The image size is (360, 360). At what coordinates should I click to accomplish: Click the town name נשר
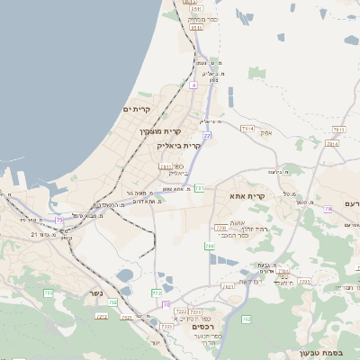95,292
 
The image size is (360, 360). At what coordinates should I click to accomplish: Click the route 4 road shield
193,85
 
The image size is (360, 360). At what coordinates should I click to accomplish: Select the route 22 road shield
207,135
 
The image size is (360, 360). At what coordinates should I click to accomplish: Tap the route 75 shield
59,219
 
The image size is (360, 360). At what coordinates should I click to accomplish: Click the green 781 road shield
198,187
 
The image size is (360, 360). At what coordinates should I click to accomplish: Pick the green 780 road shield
209,245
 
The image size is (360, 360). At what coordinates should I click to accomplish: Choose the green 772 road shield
157,292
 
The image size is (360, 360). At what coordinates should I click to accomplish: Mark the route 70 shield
166,304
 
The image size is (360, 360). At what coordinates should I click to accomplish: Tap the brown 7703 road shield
192,311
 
